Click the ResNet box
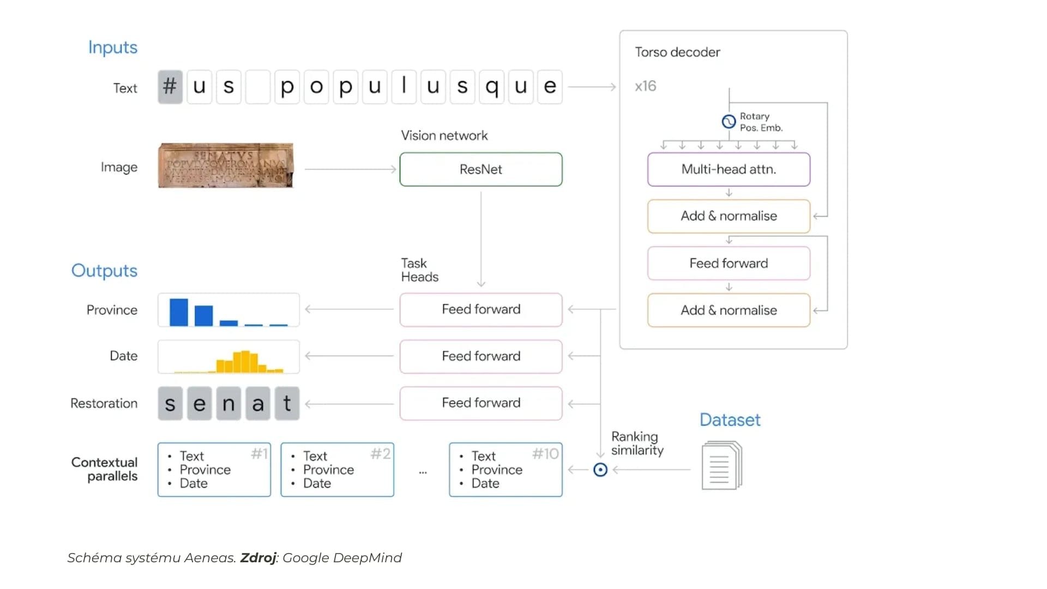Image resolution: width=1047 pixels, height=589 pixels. [x=480, y=169]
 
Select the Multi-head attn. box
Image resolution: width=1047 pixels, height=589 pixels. [x=729, y=169]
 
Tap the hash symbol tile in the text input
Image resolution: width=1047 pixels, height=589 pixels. [x=170, y=86]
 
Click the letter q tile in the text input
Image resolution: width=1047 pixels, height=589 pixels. [x=491, y=86]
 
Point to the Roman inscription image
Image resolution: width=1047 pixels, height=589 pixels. [x=225, y=165]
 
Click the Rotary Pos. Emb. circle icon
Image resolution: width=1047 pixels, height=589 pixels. [x=729, y=121]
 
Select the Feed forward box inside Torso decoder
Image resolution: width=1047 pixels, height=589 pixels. [x=729, y=263]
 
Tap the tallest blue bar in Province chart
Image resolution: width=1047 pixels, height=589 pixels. [x=178, y=312]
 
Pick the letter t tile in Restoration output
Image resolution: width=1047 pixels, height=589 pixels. [x=287, y=404]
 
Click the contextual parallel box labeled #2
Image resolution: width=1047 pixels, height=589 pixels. [x=337, y=470]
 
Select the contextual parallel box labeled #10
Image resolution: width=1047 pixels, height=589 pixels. [x=506, y=470]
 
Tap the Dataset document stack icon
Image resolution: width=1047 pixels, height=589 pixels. [x=721, y=465]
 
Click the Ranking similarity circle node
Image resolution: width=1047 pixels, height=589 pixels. [x=600, y=470]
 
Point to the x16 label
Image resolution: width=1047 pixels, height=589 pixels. [x=646, y=86]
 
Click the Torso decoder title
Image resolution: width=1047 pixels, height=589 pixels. [x=677, y=52]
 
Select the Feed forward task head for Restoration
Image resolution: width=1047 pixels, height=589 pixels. [x=480, y=403]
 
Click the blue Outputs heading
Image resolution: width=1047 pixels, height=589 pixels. [x=104, y=271]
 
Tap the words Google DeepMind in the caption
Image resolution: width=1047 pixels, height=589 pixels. [x=342, y=558]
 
